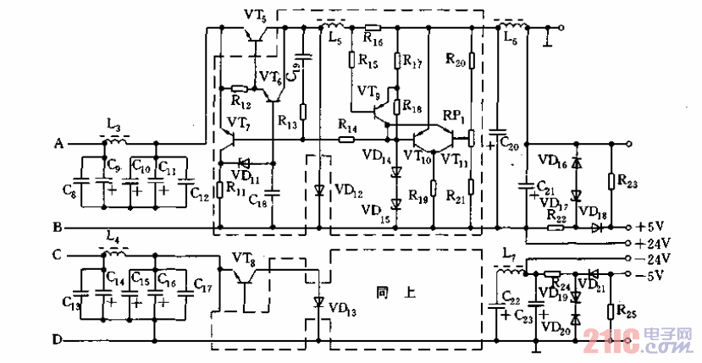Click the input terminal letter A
click(58, 143)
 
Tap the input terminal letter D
click(58, 340)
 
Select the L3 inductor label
click(113, 124)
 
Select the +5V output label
click(652, 227)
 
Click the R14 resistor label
click(346, 124)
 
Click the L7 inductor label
click(507, 255)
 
